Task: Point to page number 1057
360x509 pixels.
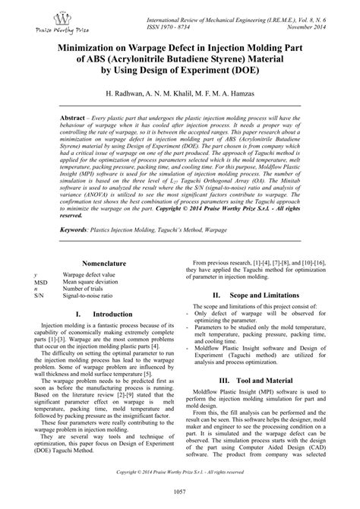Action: pyautogui.click(x=179, y=495)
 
